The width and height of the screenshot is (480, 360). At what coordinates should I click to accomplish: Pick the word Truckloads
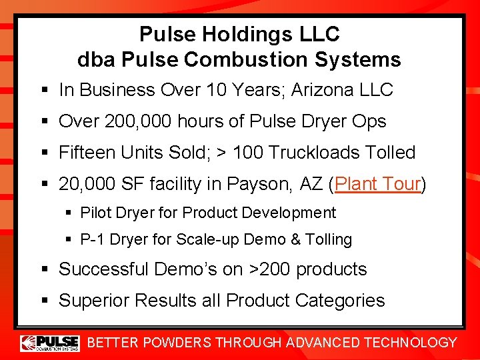click(x=311, y=152)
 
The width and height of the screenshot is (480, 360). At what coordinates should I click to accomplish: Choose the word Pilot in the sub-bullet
click(x=95, y=213)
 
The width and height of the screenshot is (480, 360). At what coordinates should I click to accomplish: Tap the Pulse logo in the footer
click(x=49, y=343)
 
